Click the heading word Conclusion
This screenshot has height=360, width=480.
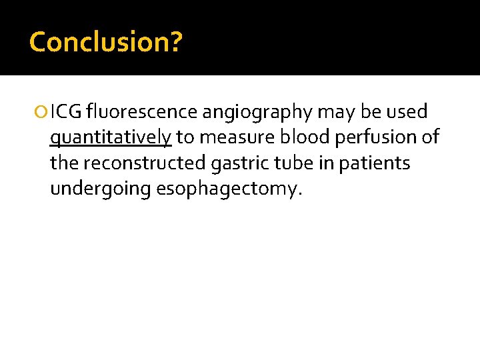tap(99, 41)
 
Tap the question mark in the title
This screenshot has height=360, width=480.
tap(175, 41)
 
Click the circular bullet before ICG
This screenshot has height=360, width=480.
tap(43, 113)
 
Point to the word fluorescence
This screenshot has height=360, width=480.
tap(142, 112)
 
